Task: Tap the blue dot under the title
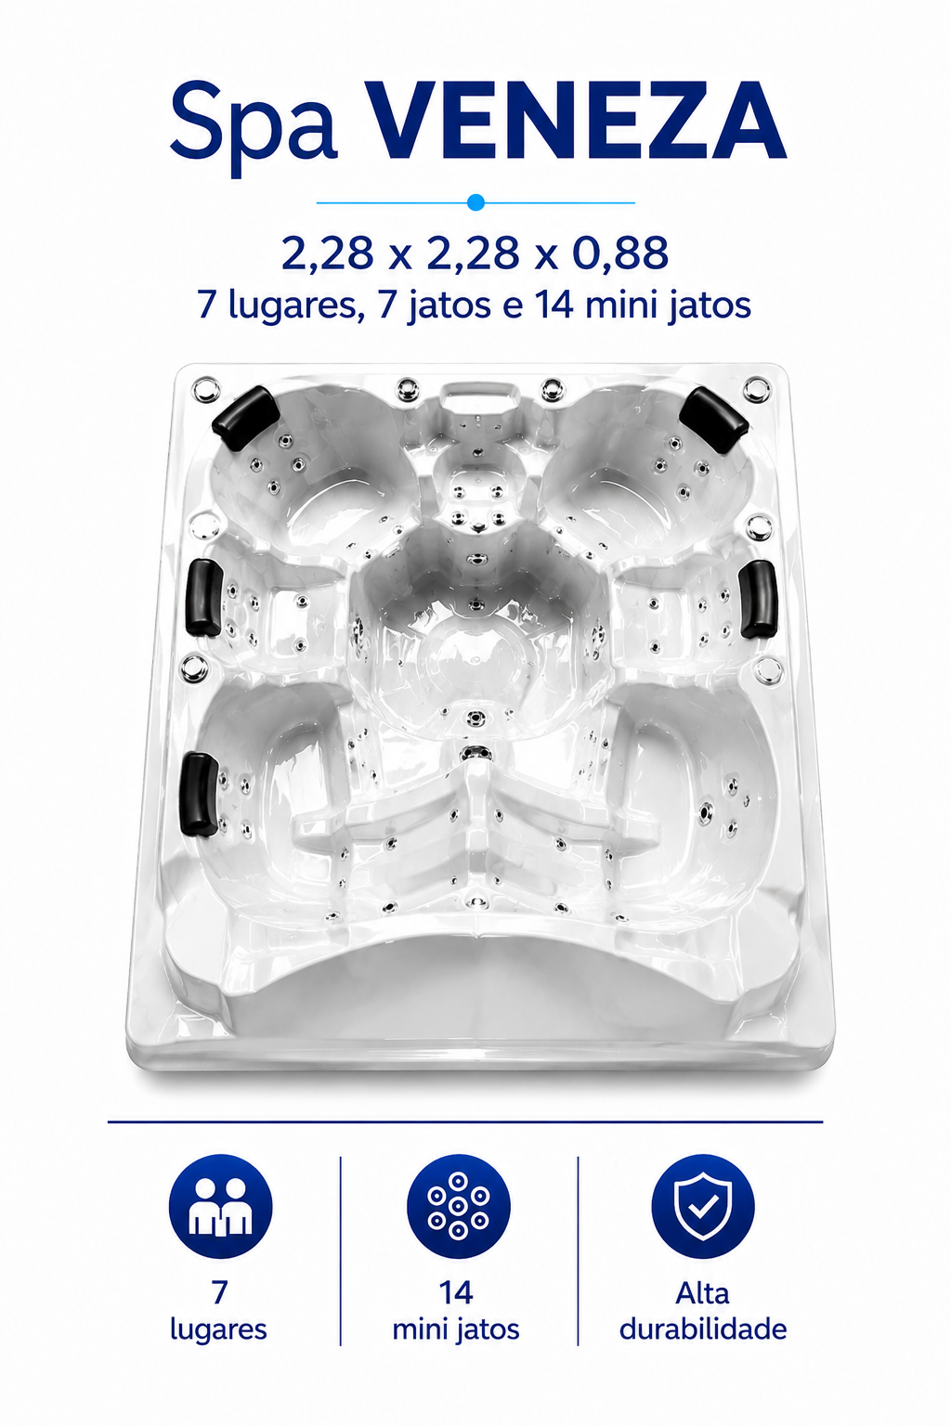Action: click(475, 202)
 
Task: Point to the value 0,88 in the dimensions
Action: click(619, 253)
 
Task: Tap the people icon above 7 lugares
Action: click(220, 1207)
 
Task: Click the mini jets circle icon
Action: click(458, 1207)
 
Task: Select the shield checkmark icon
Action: click(703, 1207)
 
